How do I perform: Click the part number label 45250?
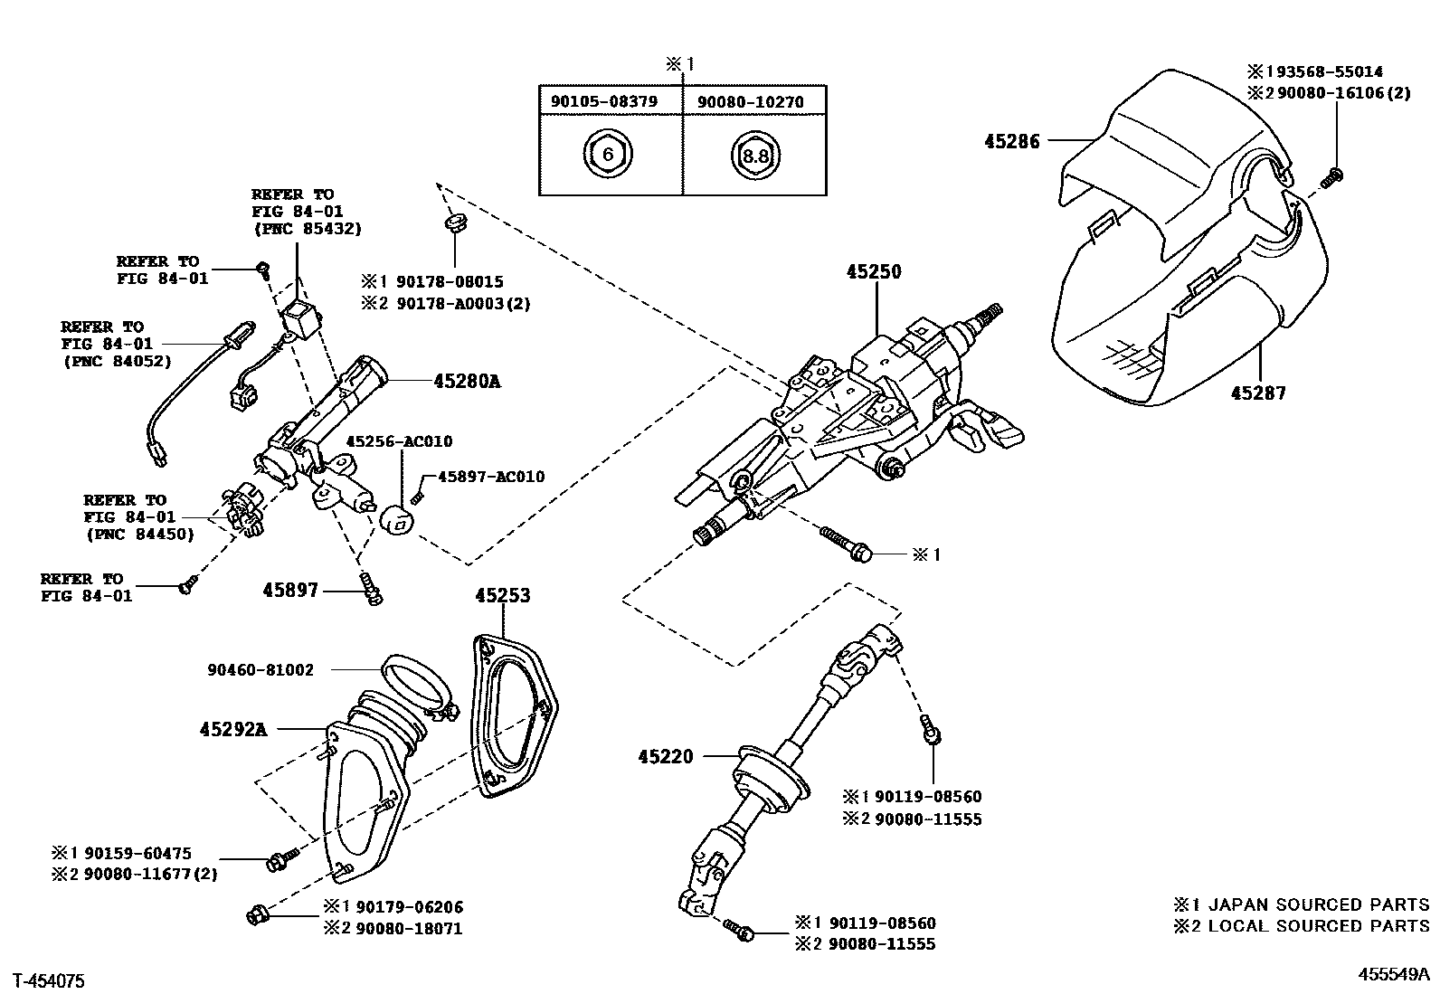click(874, 271)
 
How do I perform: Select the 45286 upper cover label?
click(1012, 141)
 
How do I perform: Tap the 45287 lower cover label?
click(1258, 393)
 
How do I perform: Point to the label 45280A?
click(467, 382)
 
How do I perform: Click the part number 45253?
click(503, 596)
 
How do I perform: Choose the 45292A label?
click(233, 729)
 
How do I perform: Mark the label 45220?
click(665, 756)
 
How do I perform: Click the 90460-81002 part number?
click(261, 670)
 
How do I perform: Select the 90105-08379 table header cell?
click(604, 102)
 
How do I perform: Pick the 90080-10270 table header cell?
click(750, 102)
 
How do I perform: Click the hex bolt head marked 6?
click(608, 155)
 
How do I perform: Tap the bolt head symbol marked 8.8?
click(754, 156)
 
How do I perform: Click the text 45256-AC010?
click(400, 442)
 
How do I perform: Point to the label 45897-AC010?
click(491, 477)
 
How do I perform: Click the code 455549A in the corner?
click(1393, 974)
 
